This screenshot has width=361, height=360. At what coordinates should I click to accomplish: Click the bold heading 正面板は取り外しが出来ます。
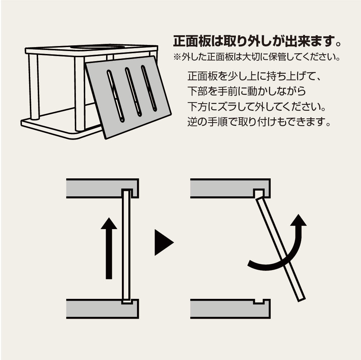(x=257, y=42)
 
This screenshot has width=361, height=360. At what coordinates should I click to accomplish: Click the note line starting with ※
(x=256, y=58)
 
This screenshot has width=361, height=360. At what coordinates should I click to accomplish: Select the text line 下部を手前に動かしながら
(x=247, y=92)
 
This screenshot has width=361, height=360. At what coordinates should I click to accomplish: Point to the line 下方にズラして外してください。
(x=259, y=107)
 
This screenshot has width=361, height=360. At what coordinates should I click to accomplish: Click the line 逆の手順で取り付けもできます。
(x=259, y=122)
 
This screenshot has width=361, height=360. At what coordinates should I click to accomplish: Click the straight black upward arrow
(x=109, y=248)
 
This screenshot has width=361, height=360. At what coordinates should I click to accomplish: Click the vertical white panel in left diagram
(x=126, y=245)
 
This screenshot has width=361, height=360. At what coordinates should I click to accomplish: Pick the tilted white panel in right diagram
(x=280, y=248)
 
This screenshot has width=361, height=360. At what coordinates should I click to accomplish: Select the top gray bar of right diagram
(x=223, y=188)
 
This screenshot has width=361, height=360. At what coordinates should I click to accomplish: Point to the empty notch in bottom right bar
(x=258, y=301)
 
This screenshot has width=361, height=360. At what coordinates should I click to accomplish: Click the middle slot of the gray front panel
(x=133, y=92)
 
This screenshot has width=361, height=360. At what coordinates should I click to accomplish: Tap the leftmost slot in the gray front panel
(x=115, y=96)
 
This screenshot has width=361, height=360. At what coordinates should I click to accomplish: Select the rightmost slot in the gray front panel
(x=149, y=88)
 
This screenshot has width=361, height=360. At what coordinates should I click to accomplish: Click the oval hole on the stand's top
(x=97, y=47)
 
